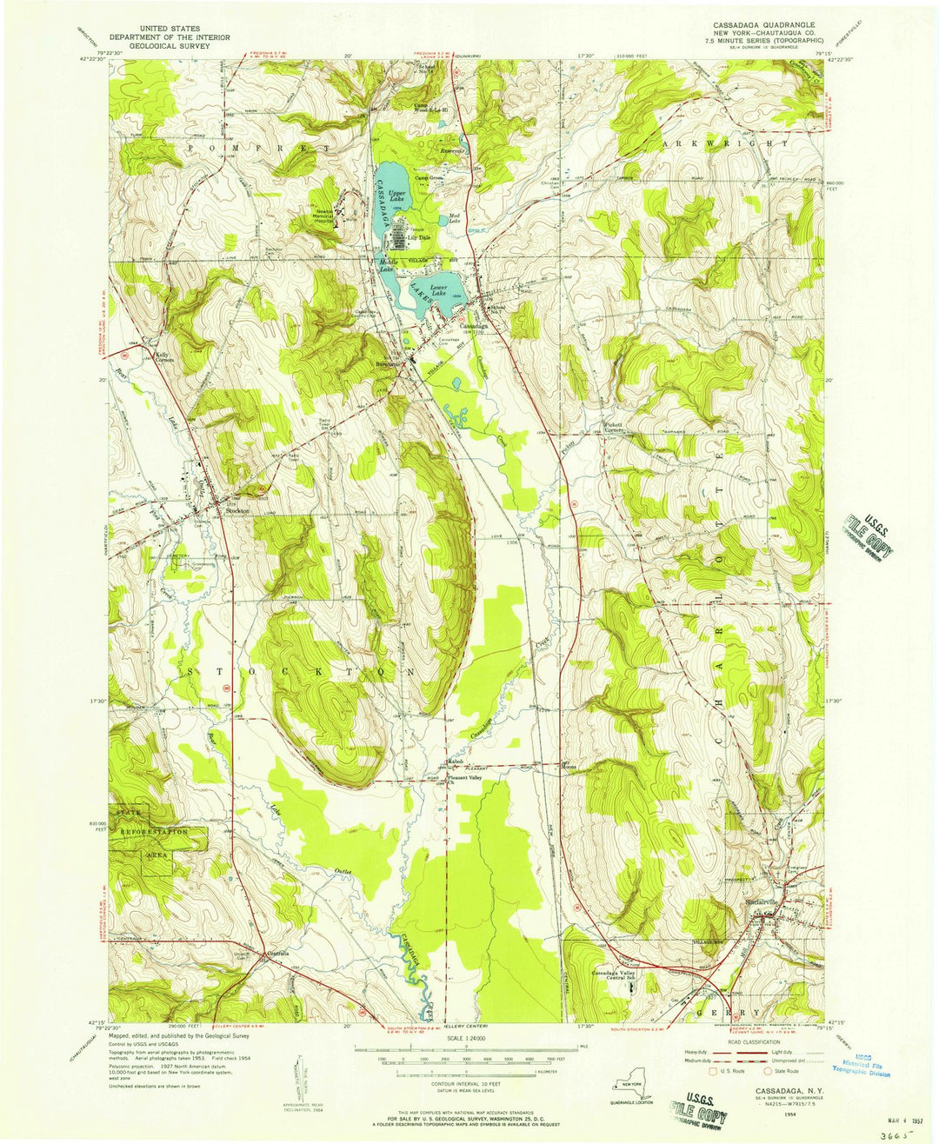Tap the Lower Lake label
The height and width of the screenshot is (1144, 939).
click(x=438, y=289)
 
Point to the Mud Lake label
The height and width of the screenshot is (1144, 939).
click(x=454, y=218)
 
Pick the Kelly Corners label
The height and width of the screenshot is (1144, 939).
click(x=161, y=356)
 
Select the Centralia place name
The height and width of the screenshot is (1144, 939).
click(x=277, y=952)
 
